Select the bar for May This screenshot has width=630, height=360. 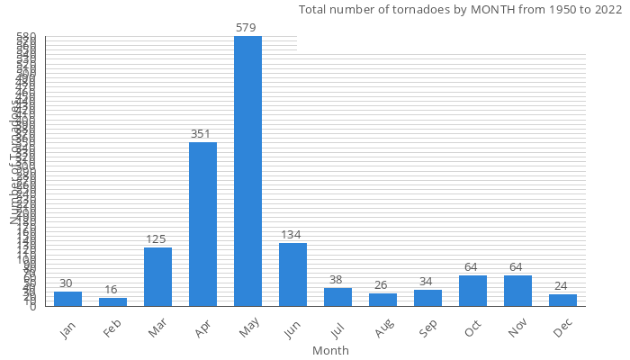(x=247, y=171)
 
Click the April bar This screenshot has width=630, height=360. (x=202, y=224)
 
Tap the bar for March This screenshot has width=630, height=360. (x=157, y=276)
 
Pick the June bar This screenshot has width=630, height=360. (x=292, y=274)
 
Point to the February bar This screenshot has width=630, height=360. (x=112, y=301)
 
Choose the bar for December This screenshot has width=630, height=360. (x=562, y=300)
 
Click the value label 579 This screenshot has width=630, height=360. (x=246, y=28)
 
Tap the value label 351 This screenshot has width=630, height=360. (x=201, y=134)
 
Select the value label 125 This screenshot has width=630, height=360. (x=156, y=239)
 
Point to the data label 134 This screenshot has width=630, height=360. (x=291, y=235)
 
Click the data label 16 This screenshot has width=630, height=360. (x=111, y=290)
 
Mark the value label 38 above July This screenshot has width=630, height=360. (x=336, y=280)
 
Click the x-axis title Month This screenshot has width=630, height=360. (x=330, y=350)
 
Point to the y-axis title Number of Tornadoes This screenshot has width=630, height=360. (x=15, y=162)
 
